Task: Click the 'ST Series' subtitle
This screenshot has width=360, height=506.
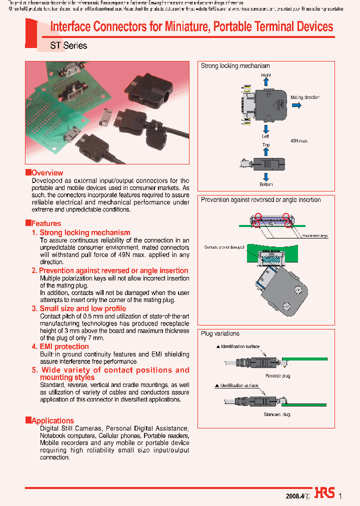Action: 68,45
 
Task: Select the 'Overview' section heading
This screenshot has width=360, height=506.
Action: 47,173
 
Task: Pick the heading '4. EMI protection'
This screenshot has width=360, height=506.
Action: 60,346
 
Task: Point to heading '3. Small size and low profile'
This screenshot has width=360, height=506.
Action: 79,308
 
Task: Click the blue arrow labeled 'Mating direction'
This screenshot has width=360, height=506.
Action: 296,105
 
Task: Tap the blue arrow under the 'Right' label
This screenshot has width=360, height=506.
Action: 266,81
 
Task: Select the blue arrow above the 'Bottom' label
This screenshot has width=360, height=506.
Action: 266,176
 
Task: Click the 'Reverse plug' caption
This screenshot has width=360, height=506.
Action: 277,375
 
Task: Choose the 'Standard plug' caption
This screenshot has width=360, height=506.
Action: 277,414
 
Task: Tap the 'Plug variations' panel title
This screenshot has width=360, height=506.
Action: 220,333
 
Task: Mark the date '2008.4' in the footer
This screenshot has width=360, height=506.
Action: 294,496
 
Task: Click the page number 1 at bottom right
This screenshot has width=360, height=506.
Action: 340,496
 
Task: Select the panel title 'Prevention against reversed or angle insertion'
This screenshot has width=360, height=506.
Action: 260,199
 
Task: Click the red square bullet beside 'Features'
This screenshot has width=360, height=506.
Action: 28,223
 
